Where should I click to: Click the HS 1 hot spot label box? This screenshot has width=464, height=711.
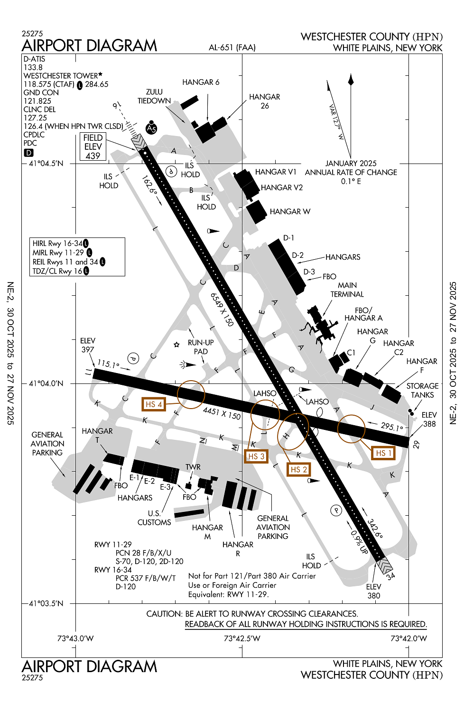[383, 453]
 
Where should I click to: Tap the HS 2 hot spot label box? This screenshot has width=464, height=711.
[298, 469]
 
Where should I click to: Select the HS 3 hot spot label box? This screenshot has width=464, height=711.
[256, 456]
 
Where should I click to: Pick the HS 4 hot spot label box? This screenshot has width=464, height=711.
[154, 404]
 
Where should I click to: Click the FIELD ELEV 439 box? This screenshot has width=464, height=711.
[93, 146]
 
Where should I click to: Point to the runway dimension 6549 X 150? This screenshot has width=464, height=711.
[222, 310]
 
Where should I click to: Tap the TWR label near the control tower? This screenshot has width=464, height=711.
[193, 467]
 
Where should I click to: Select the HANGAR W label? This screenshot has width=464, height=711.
[290, 211]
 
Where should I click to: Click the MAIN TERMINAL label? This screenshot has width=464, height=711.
[347, 290]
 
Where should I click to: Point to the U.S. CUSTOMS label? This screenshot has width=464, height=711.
[154, 518]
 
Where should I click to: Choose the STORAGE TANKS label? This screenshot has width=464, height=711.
[422, 390]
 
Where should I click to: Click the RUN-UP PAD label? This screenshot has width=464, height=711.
[201, 347]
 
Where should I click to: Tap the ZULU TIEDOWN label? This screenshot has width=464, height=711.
[154, 96]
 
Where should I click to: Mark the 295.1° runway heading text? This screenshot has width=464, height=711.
[391, 427]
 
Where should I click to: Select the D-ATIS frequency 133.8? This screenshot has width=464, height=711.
[33, 67]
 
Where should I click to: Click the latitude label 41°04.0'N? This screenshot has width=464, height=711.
[46, 383]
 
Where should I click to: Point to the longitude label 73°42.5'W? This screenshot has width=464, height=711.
[242, 638]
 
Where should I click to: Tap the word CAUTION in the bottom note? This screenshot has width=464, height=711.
[164, 614]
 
